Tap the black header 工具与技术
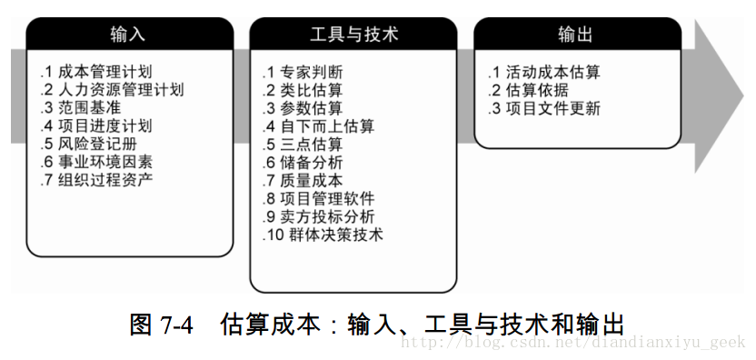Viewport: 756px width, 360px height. (353, 35)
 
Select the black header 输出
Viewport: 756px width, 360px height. (576, 35)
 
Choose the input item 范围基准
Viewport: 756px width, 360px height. (88, 107)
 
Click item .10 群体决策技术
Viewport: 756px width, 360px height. (323, 235)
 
